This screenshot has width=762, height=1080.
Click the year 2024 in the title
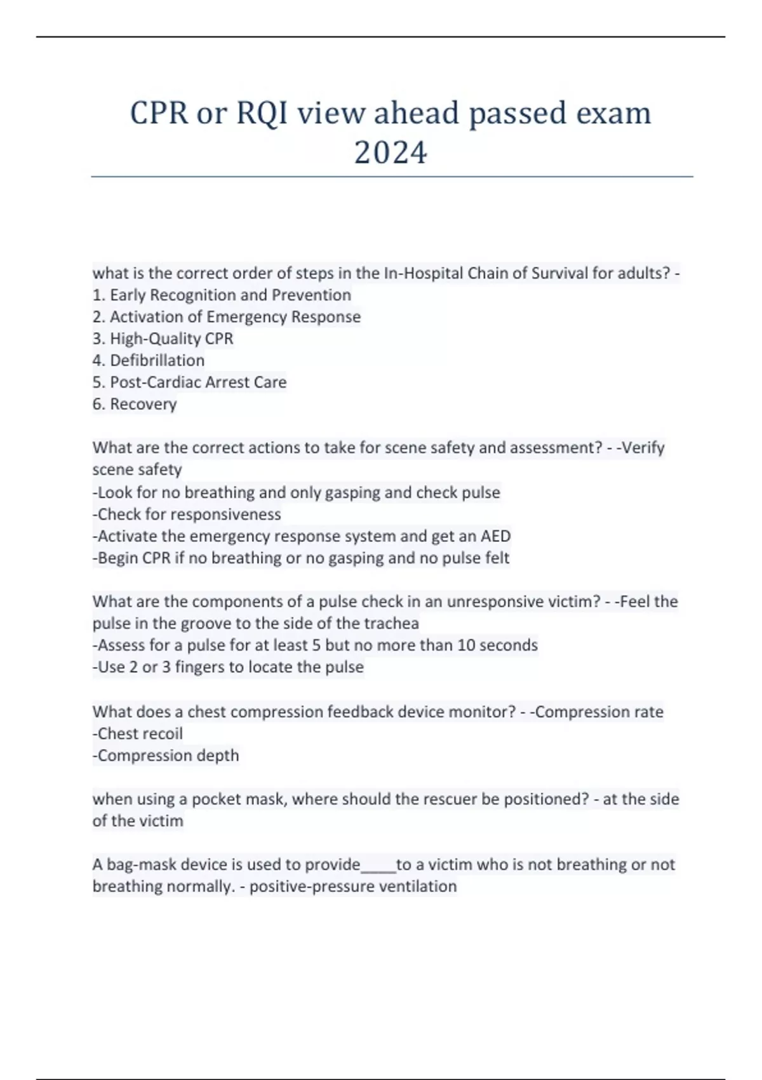pyautogui.click(x=391, y=153)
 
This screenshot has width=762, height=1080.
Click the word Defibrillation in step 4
pyautogui.click(x=157, y=360)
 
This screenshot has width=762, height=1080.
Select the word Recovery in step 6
pyautogui.click(x=143, y=404)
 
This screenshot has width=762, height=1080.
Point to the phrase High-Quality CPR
pyautogui.click(x=171, y=339)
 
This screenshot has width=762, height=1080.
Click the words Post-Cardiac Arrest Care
pyautogui.click(x=198, y=382)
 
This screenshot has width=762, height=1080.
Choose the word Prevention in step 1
pyautogui.click(x=311, y=295)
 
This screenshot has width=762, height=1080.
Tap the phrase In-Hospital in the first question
pyautogui.click(x=424, y=273)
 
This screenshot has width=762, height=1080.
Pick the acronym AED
pyautogui.click(x=495, y=536)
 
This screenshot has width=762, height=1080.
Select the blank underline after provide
pyautogui.click(x=378, y=865)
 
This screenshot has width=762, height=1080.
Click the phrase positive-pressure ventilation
pyautogui.click(x=353, y=886)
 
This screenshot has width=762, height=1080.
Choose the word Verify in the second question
pyautogui.click(x=642, y=448)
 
